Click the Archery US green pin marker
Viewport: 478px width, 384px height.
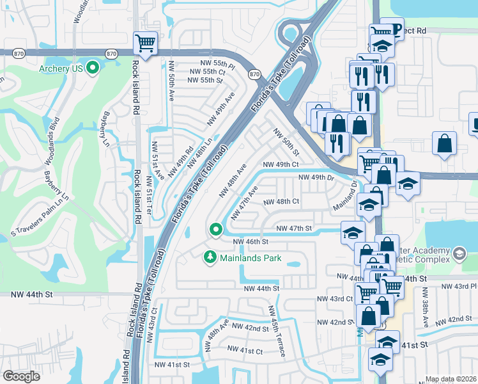click(x=93, y=67)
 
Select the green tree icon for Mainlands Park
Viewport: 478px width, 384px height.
click(x=208, y=257)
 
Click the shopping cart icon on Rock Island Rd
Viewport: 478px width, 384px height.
click(x=145, y=44)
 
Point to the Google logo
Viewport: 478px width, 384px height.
click(x=22, y=376)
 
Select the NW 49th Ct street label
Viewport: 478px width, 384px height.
click(x=281, y=164)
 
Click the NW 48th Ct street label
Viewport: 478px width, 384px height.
click(x=281, y=201)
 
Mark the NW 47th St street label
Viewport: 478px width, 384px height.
click(x=293, y=228)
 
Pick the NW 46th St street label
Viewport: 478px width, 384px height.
click(x=250, y=241)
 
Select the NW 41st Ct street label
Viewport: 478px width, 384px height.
click(x=245, y=351)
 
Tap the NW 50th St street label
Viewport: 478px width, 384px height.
click(x=286, y=143)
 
